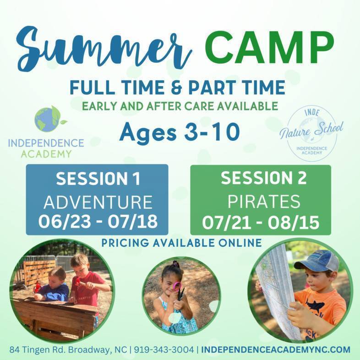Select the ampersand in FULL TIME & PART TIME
click(176, 87)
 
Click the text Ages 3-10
click(179, 132)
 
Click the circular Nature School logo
click(311, 133)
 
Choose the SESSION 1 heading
click(98, 179)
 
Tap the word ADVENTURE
click(98, 202)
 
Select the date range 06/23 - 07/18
click(98, 222)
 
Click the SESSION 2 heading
click(263, 178)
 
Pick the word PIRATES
click(264, 202)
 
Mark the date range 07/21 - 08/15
click(261, 222)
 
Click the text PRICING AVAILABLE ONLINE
click(182, 243)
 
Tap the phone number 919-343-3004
click(164, 349)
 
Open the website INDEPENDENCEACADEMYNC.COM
click(276, 349)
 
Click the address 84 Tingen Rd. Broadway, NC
click(68, 349)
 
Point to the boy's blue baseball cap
click(316, 261)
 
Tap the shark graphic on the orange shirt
click(315, 305)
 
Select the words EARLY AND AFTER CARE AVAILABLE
click(180, 107)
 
